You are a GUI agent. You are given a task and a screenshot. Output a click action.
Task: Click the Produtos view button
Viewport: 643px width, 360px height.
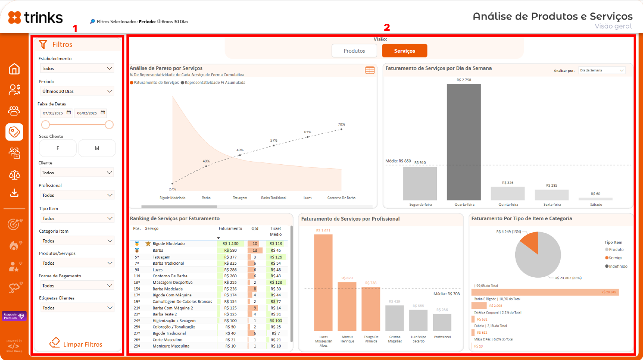[x=354, y=51]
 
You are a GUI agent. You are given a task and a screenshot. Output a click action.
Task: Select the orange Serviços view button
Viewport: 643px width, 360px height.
[x=404, y=51]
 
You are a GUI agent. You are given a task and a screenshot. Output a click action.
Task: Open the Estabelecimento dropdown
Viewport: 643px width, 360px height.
[x=77, y=68]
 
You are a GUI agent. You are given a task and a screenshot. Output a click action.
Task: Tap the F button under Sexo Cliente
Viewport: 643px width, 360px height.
[x=58, y=148]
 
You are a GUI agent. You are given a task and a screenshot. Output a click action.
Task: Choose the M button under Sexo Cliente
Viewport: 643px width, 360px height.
[x=97, y=148]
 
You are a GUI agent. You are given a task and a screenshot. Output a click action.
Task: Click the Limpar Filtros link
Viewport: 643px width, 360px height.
[x=77, y=344]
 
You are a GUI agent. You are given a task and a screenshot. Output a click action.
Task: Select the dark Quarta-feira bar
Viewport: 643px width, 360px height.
[x=464, y=143]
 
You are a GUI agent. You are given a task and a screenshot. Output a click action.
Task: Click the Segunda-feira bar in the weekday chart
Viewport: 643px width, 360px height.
[x=420, y=184]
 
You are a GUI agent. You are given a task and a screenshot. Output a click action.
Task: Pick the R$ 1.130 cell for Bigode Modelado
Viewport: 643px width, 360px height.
[x=230, y=244]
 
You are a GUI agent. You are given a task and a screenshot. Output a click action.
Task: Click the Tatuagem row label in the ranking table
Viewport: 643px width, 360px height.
[x=161, y=257]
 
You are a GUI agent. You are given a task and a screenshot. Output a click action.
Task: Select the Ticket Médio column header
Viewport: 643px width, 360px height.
[x=275, y=231]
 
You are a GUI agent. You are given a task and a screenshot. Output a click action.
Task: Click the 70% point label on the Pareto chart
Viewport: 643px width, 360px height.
[x=341, y=125]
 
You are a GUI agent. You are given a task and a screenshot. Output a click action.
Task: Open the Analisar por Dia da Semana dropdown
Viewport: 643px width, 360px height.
[x=602, y=71]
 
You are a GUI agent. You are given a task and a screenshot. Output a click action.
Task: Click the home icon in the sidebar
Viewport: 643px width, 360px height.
[x=14, y=69]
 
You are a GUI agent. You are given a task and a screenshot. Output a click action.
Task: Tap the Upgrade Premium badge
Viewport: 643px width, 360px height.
[x=14, y=316]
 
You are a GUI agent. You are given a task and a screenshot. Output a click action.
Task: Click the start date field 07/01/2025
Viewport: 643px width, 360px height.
[x=53, y=113]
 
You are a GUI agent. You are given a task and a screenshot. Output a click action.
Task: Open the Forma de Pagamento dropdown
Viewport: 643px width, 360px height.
[x=77, y=285]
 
